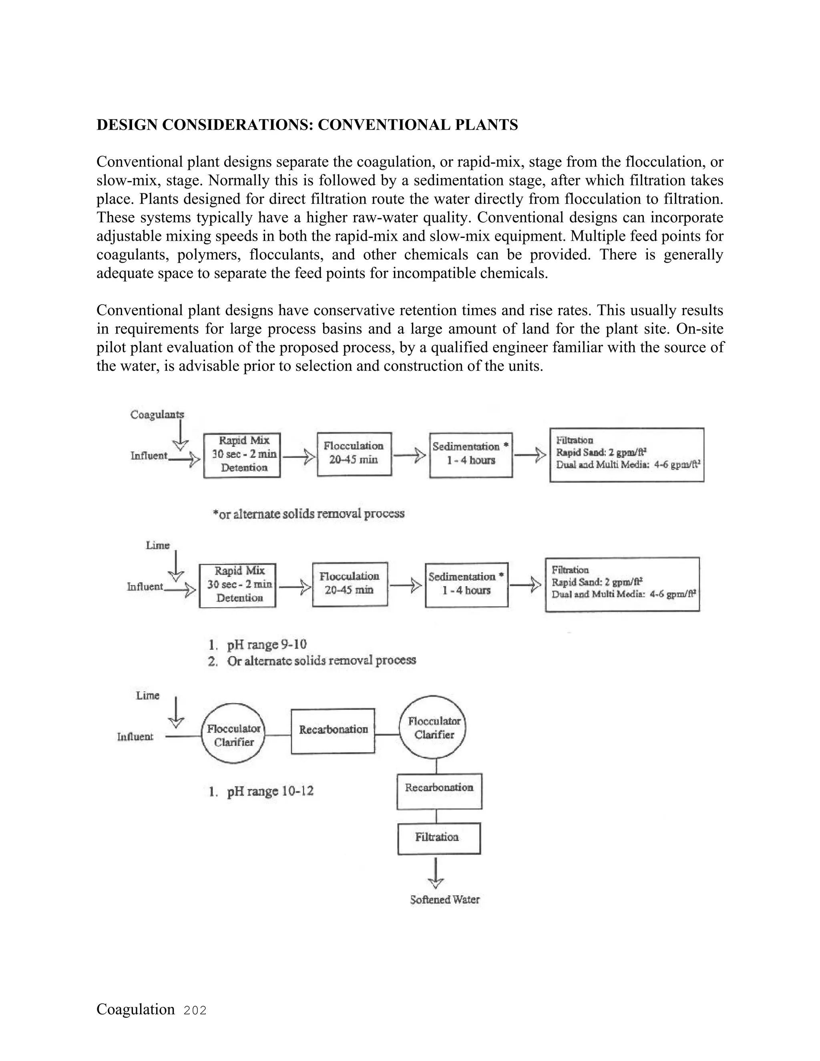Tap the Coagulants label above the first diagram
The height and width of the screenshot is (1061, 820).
[x=157, y=414]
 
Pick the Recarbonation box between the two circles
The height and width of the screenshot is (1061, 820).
[x=333, y=731]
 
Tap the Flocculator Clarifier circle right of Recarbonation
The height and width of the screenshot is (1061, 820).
[x=434, y=728]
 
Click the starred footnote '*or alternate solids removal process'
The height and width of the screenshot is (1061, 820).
[x=308, y=514]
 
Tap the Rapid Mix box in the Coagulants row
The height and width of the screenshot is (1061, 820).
[x=242, y=455]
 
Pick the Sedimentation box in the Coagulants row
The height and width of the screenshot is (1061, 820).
[x=471, y=455]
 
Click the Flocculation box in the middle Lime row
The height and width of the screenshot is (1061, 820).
[x=350, y=584]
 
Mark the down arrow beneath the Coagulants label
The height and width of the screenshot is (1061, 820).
[x=180, y=435]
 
